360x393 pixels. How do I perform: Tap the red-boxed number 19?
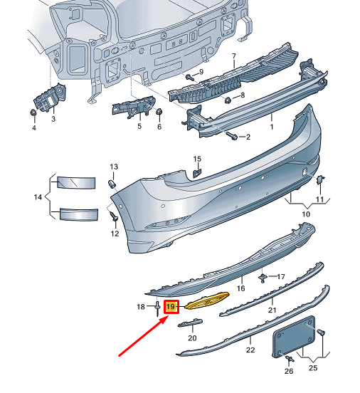tap(171, 308)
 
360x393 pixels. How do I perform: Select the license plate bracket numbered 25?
tap(295, 337)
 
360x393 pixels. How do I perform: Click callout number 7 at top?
tap(233, 55)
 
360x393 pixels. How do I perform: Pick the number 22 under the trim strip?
tap(250, 350)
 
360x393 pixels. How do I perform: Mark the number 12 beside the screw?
tap(115, 234)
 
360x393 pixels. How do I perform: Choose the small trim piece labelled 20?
tap(191, 324)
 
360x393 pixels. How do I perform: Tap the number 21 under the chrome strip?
tap(271, 310)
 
